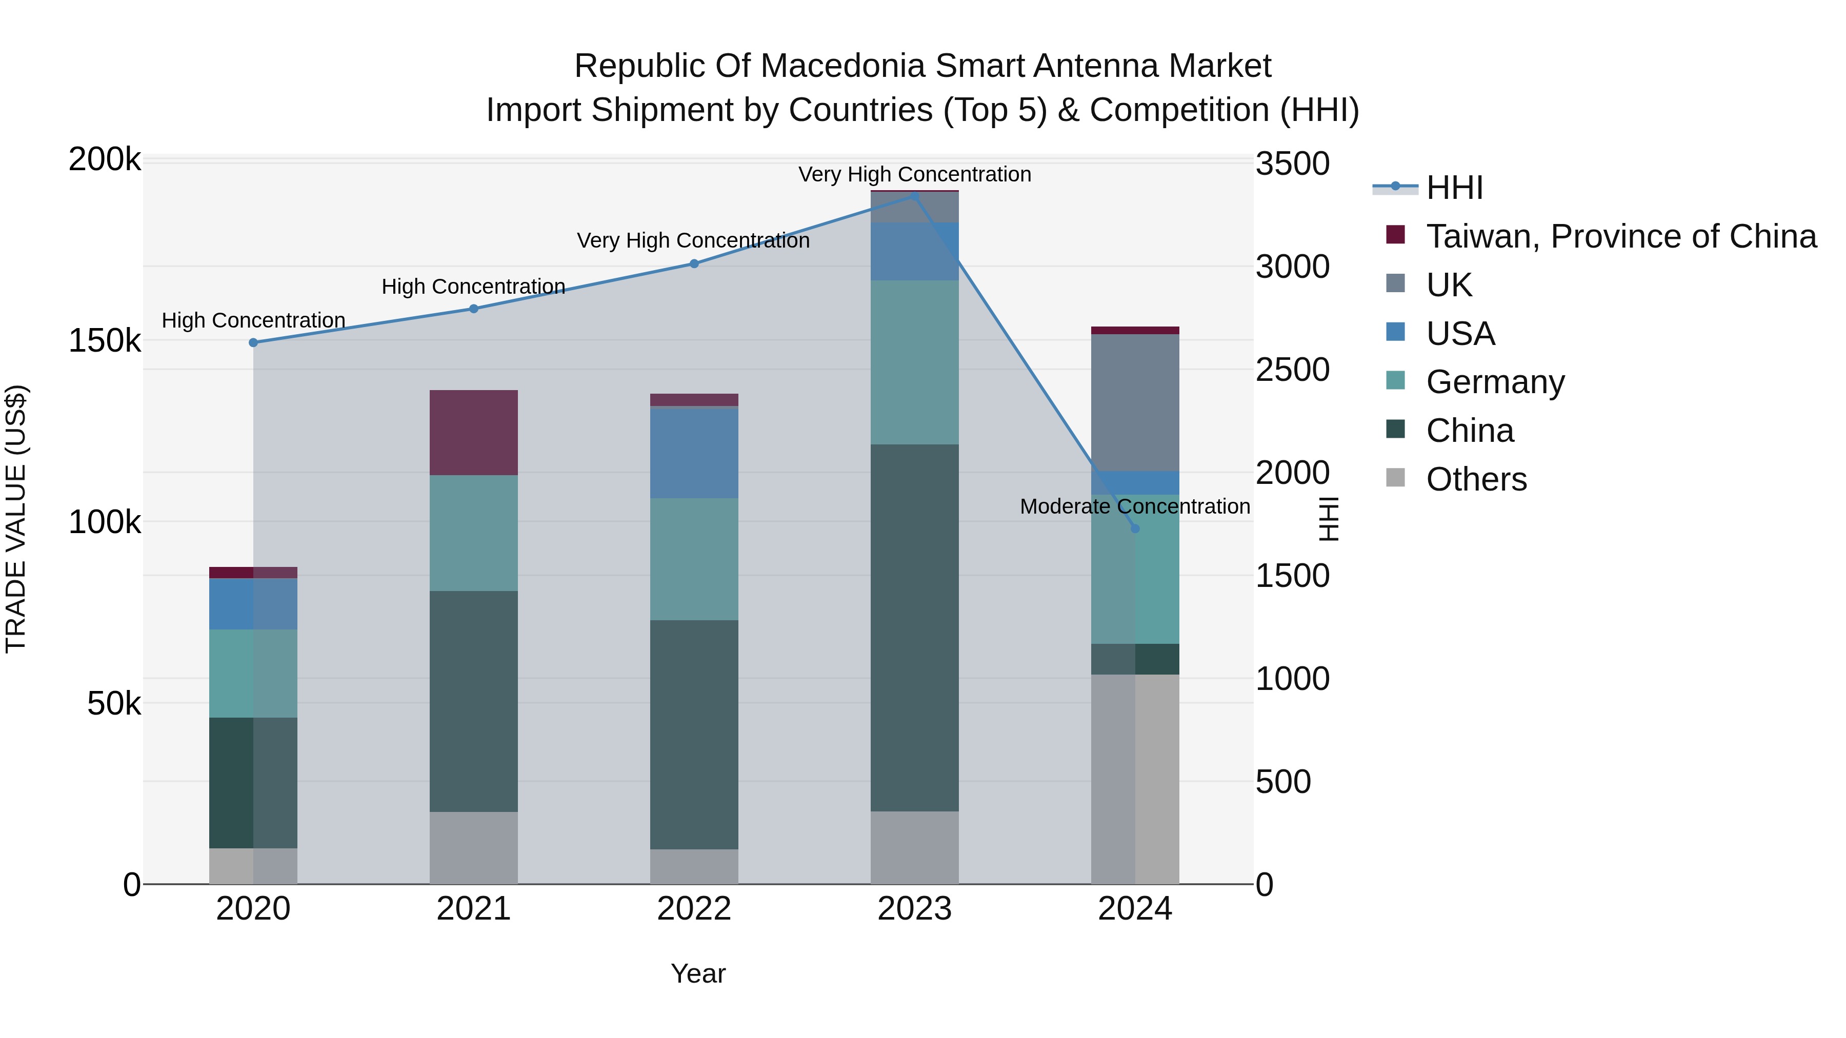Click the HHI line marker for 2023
pos(914,196)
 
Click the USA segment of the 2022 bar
pos(694,452)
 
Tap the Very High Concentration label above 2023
pos(914,174)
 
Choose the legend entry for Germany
pos(1495,382)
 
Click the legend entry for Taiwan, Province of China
pos(1621,236)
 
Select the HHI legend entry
pos(1454,188)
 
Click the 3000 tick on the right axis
pos(1292,267)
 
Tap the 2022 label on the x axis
pos(694,909)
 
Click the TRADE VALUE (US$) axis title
pos(16,519)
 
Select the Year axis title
pos(698,973)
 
